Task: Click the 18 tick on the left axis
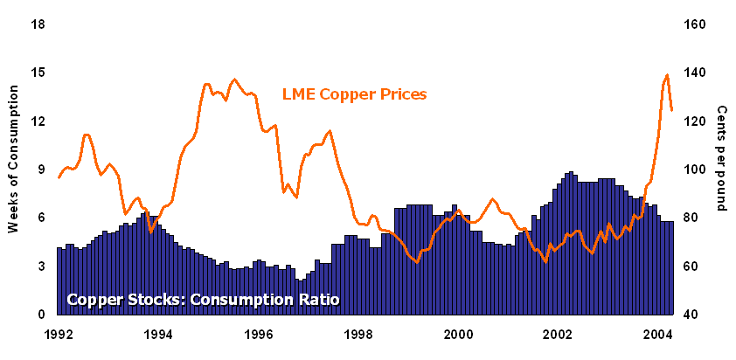38,24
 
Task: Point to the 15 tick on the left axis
38,73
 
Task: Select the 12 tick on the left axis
38,121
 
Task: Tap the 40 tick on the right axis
691,314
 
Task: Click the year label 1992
59,333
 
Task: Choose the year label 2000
459,333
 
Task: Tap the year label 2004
658,333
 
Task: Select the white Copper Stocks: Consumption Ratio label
203,300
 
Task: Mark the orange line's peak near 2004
667,75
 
